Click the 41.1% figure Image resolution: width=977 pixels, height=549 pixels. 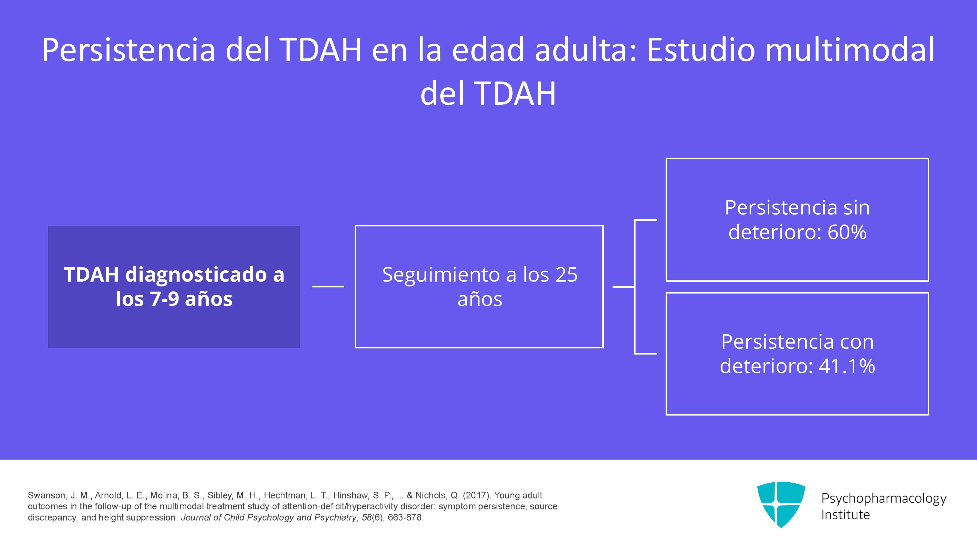(847, 366)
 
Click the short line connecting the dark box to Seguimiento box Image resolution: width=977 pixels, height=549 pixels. (328, 286)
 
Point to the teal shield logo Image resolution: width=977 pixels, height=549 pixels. (781, 504)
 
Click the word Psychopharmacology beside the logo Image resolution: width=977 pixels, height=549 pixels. (884, 498)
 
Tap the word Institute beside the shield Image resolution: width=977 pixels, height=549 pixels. (845, 515)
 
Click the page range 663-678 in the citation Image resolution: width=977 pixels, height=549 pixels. (405, 518)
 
